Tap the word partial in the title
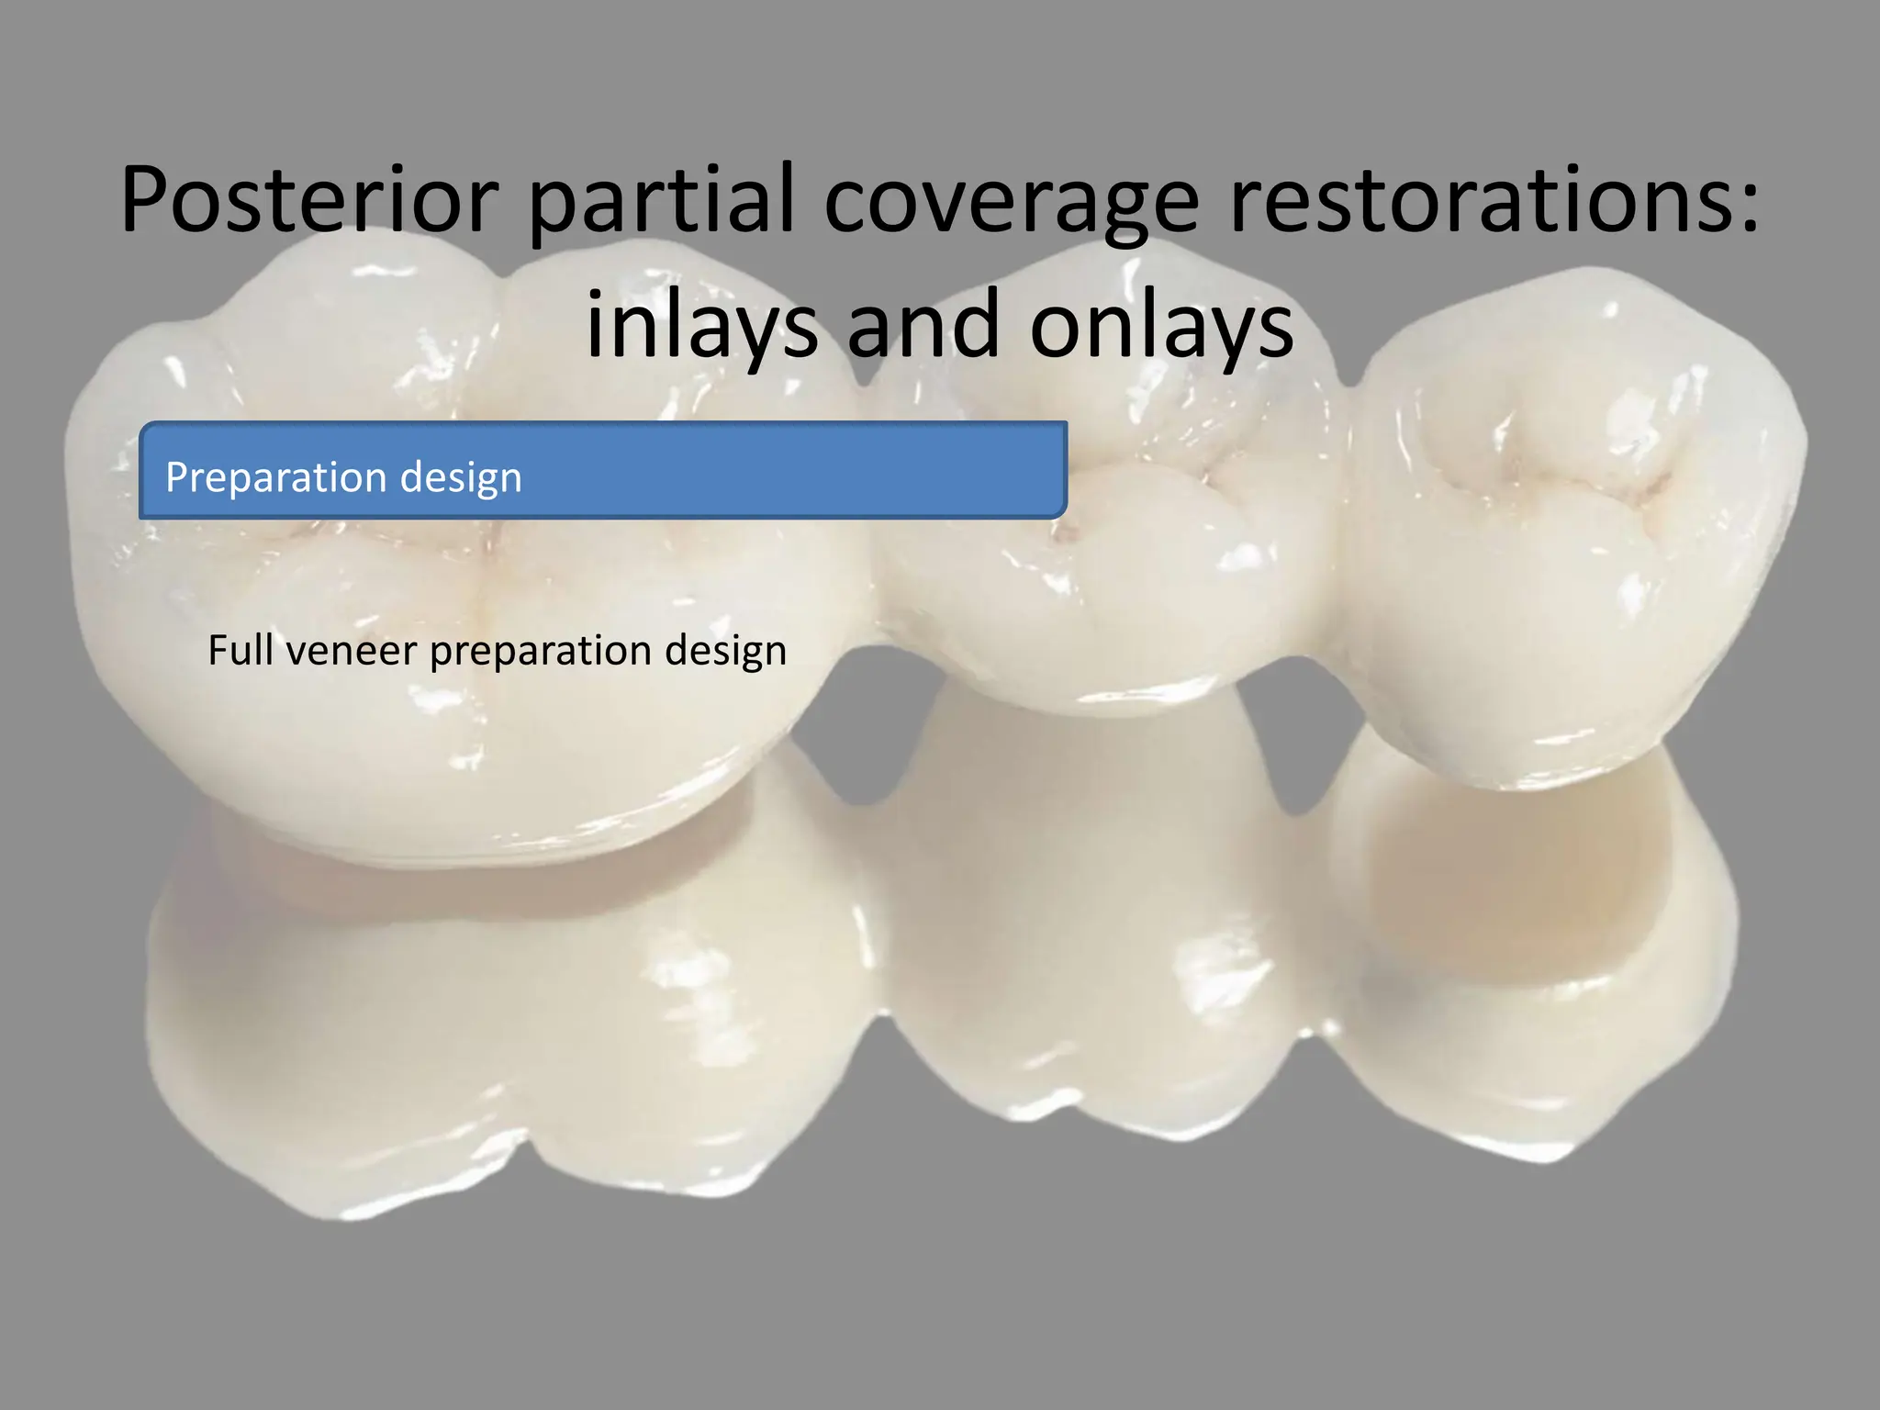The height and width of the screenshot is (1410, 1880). pyautogui.click(x=660, y=201)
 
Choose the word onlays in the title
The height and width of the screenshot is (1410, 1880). pyautogui.click(x=1161, y=326)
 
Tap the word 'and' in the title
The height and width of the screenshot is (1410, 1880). pyautogui.click(x=922, y=326)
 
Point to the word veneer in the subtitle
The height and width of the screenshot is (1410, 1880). pyautogui.click(x=352, y=650)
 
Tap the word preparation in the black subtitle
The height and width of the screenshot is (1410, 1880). pyautogui.click(x=541, y=652)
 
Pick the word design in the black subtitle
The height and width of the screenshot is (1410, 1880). pyautogui.click(x=726, y=652)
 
